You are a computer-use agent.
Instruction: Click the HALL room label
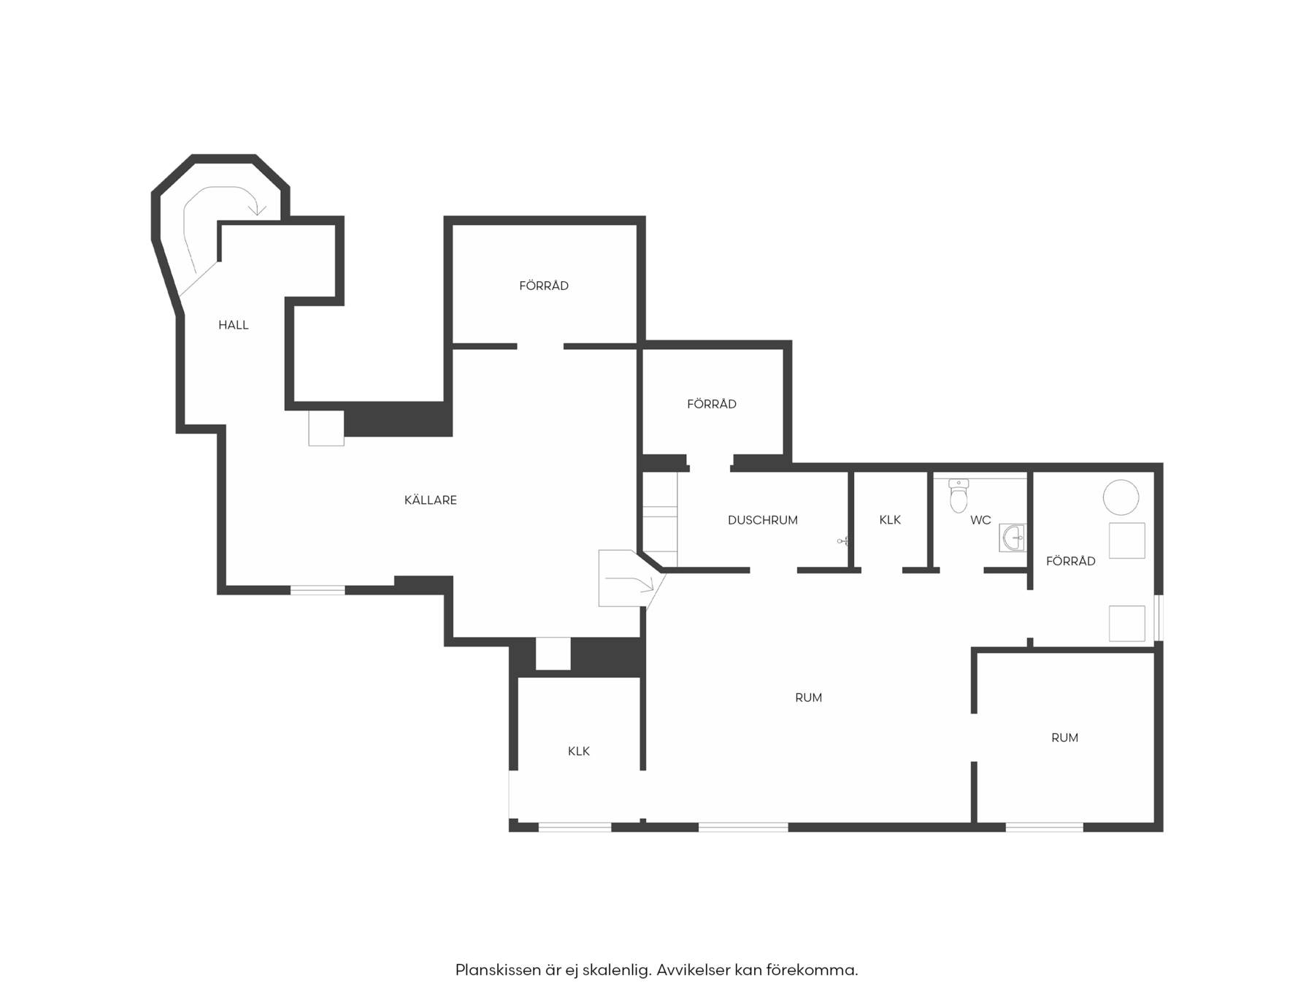tap(234, 325)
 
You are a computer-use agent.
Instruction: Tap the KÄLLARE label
tap(431, 500)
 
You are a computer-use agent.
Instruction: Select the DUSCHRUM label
tap(763, 520)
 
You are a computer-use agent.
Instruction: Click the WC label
tap(980, 520)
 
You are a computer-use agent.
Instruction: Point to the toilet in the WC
tap(958, 496)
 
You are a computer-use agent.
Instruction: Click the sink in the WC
tap(1013, 538)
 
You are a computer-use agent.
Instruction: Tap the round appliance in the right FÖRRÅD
tap(1121, 498)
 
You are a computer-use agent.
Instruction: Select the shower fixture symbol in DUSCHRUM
tap(842, 541)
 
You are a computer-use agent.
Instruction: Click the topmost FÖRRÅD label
tap(544, 286)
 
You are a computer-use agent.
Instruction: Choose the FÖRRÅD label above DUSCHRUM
tap(712, 404)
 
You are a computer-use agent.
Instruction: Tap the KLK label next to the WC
tap(890, 520)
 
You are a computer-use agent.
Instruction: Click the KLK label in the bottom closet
tap(579, 751)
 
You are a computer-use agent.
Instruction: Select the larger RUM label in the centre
tap(808, 698)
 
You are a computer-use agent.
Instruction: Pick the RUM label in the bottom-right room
tap(1064, 738)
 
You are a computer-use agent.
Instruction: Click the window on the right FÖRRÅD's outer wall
tap(1159, 618)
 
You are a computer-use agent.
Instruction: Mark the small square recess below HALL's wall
tap(326, 428)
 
